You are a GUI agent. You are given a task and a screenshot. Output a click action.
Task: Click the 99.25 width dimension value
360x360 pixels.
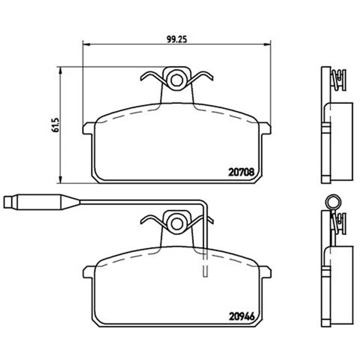click(177, 40)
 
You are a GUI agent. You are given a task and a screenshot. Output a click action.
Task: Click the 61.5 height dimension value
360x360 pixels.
click(55, 125)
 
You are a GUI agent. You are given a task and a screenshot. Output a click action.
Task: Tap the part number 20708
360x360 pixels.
click(242, 172)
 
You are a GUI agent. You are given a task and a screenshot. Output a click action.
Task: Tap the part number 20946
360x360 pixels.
click(242, 317)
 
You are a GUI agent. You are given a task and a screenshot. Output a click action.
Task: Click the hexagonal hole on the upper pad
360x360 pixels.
click(176, 80)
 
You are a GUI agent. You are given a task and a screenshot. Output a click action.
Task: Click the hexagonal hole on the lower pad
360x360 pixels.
click(176, 224)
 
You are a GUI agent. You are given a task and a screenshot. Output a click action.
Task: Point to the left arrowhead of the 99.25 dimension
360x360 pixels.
click(85, 44)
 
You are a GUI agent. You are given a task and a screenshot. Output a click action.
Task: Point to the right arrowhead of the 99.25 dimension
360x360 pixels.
click(268, 44)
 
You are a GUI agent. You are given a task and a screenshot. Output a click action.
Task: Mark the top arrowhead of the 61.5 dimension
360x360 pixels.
click(60, 70)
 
